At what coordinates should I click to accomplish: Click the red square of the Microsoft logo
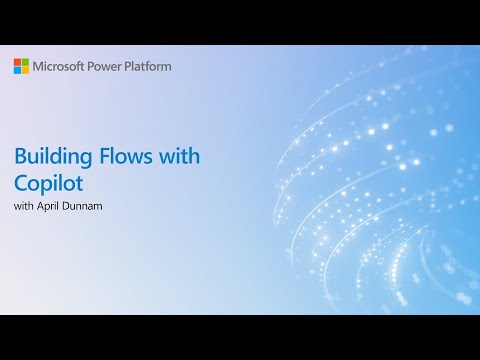tap(17, 62)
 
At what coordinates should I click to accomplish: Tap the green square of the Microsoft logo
tap(25, 62)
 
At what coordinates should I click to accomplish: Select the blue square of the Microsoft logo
tap(17, 70)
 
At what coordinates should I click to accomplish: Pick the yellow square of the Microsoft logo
tap(25, 70)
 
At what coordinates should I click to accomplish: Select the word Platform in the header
tap(149, 66)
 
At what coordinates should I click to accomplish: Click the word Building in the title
tap(51, 157)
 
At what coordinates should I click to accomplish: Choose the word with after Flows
tap(178, 157)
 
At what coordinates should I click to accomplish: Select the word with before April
tap(24, 207)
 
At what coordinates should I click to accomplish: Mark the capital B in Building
tap(20, 157)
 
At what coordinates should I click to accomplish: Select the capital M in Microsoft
tap(39, 66)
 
